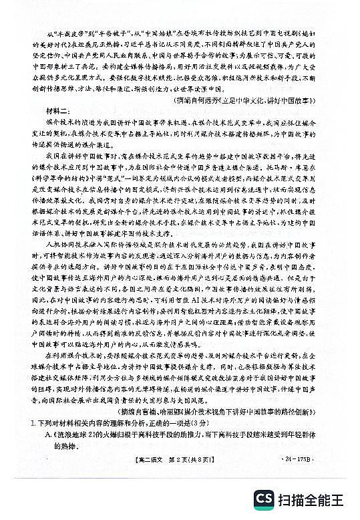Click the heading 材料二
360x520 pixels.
pyautogui.click(x=45, y=111)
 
